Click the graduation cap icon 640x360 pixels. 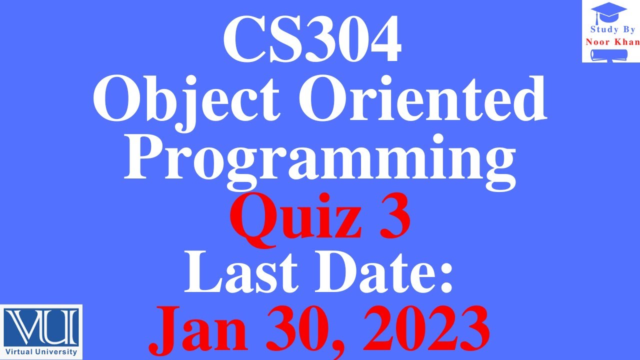tap(608, 12)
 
